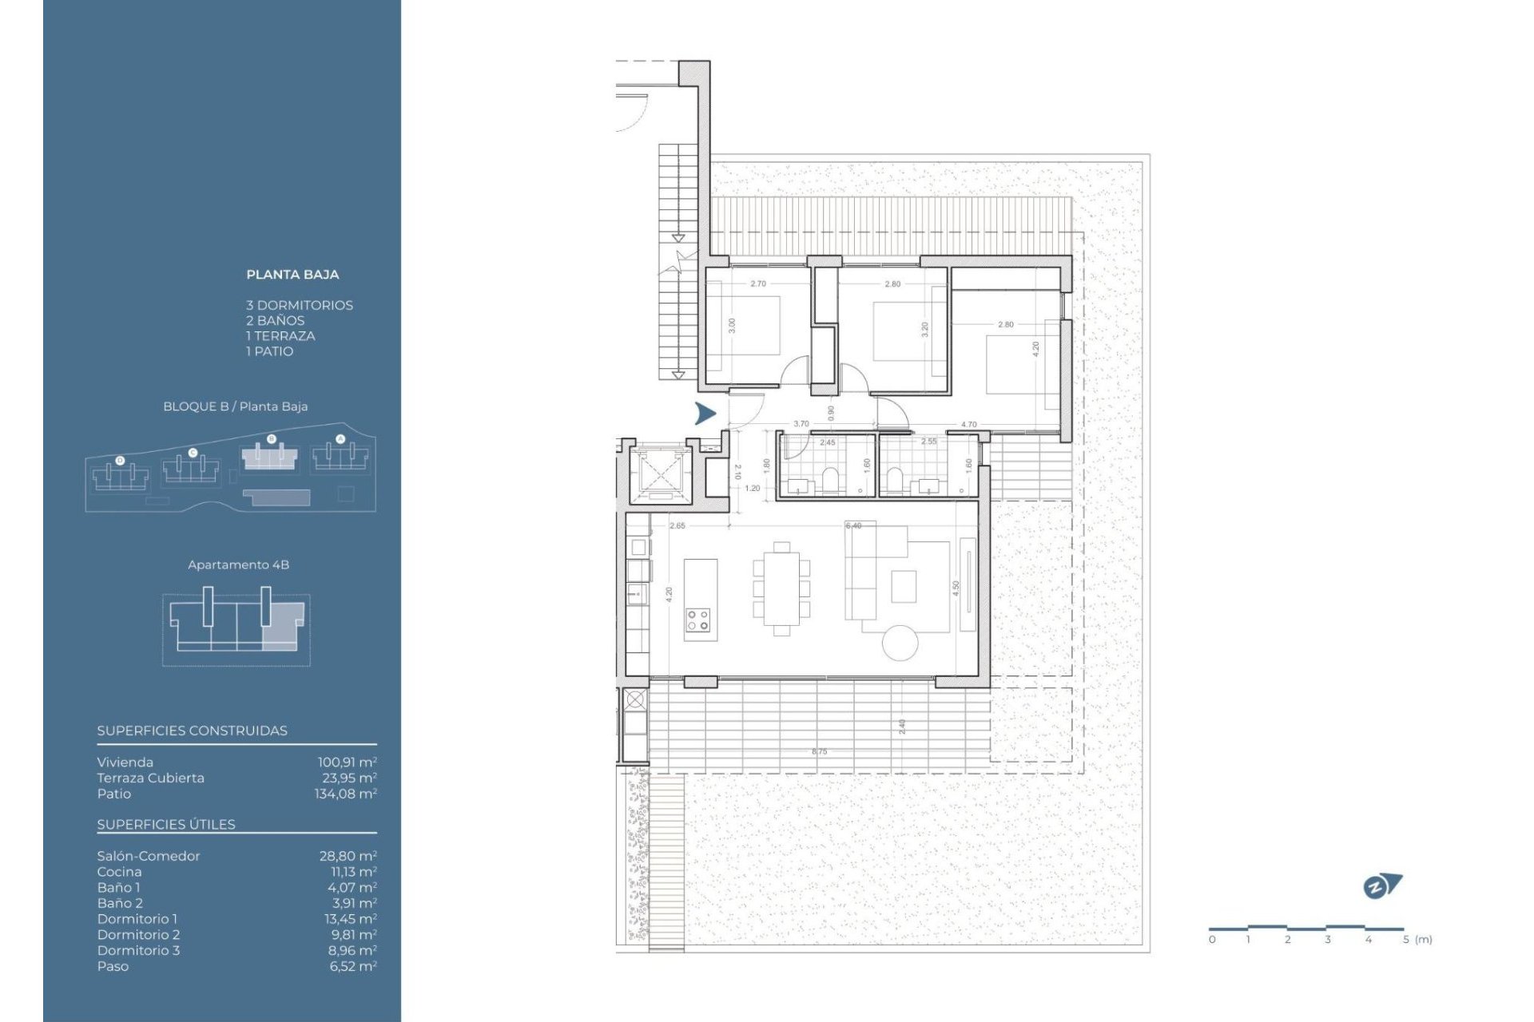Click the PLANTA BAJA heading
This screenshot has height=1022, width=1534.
(292, 275)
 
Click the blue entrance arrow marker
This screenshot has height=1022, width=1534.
(705, 414)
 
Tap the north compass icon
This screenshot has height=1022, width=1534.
(1381, 886)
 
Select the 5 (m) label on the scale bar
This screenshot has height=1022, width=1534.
(1417, 940)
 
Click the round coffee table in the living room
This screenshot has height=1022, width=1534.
(900, 643)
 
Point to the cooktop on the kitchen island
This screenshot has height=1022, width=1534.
(697, 620)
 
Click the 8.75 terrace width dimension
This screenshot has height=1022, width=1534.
(819, 751)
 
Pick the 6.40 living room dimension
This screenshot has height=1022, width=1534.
(853, 526)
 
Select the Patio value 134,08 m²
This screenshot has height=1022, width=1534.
(345, 794)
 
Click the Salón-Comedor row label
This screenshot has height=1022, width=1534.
(149, 856)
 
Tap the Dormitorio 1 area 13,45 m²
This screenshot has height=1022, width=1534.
(350, 919)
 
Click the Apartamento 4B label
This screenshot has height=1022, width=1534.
(238, 564)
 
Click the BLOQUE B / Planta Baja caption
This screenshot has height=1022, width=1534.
(235, 406)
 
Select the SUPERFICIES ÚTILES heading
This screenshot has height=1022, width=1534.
(166, 825)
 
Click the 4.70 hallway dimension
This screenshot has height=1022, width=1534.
(968, 425)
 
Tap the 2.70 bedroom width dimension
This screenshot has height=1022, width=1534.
(757, 284)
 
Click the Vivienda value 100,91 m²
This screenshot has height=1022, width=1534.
(347, 763)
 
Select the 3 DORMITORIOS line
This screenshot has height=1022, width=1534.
(299, 305)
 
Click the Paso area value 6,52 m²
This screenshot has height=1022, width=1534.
(352, 966)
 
